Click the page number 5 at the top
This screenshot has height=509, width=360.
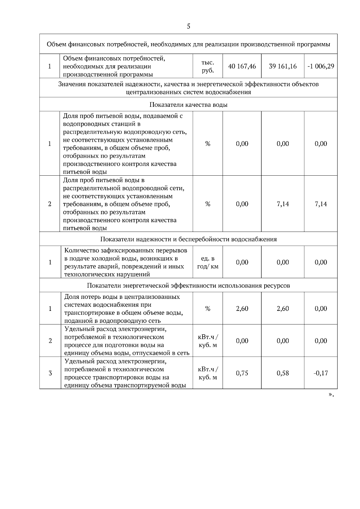click(188, 26)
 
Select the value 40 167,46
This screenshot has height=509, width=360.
click(242, 66)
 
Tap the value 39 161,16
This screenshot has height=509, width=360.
click(283, 66)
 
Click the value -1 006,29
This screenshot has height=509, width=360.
click(321, 66)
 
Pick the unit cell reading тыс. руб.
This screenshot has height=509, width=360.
click(208, 66)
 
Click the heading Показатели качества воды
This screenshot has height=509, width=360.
click(188, 105)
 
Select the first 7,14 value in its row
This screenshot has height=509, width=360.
click(283, 204)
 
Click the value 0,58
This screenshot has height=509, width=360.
click(283, 373)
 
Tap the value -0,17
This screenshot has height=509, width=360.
click(321, 373)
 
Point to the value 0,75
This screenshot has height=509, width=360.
click(242, 373)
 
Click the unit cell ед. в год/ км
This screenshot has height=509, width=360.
click(208, 262)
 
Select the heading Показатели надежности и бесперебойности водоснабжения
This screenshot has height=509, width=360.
click(188, 239)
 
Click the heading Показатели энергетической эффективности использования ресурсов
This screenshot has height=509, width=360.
click(188, 285)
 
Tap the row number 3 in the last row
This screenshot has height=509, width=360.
click(50, 373)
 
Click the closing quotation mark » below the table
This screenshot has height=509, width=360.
click(331, 395)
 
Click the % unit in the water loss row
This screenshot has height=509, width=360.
click(208, 309)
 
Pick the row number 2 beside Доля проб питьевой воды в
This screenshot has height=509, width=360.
click(49, 204)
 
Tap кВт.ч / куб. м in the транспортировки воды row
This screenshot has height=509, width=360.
click(208, 373)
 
